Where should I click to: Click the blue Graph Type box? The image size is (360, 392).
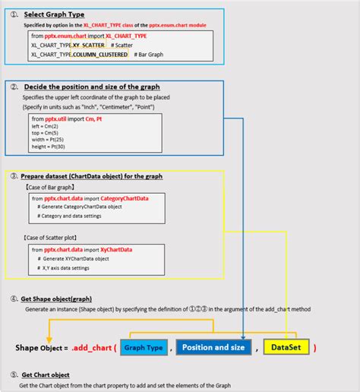(144, 348)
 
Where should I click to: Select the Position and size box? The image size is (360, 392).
(213, 348)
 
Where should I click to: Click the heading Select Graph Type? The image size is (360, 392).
(54, 14)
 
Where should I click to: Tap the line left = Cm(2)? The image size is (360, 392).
(46, 127)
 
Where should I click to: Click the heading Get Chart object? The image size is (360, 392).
(45, 375)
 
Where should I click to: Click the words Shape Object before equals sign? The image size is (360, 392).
(37, 348)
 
